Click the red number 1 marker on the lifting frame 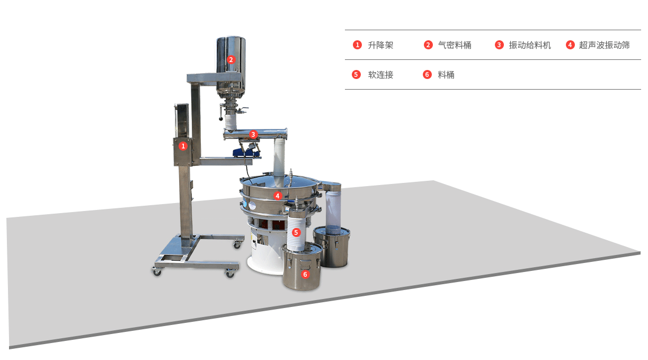[183, 145]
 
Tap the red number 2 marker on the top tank [230, 59]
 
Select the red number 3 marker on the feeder [253, 135]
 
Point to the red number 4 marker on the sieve [277, 196]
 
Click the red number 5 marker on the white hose [296, 232]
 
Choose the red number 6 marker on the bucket [305, 274]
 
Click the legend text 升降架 [380, 45]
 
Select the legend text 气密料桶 [455, 45]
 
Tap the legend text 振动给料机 [530, 45]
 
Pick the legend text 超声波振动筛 [604, 45]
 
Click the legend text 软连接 [380, 75]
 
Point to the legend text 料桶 [446, 75]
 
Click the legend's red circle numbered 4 [570, 45]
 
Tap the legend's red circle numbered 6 [428, 75]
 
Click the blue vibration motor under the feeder [247, 152]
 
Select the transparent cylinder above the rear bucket [333, 210]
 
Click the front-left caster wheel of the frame [157, 271]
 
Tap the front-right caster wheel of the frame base [230, 273]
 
